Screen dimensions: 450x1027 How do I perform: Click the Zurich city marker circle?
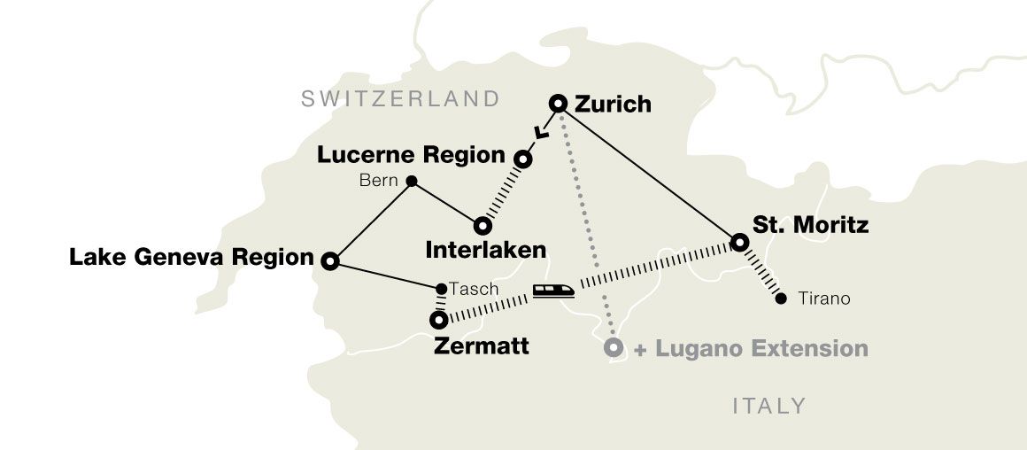558,104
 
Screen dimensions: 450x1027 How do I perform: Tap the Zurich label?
613,105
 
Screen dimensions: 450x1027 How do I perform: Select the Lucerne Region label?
411,155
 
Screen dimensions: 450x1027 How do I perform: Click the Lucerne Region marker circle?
523,160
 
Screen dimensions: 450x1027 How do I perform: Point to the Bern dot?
411,182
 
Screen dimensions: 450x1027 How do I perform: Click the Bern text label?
380,182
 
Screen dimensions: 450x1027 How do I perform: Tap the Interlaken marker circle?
482,225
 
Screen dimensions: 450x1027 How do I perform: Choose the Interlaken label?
485,250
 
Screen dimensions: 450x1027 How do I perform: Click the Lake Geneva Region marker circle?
329,260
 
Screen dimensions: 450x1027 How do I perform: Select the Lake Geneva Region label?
191,259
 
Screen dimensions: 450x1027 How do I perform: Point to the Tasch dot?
442,289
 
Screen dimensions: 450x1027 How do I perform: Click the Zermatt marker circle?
438,321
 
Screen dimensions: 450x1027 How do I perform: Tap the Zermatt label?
482,345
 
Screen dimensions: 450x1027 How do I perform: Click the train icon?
552,291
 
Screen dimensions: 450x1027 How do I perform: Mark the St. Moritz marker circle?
738,241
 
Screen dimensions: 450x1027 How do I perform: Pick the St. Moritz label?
810,225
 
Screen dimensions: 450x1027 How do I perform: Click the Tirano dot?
780,299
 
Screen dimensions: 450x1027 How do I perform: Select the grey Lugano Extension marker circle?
612,348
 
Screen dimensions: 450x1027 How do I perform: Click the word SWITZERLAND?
400,98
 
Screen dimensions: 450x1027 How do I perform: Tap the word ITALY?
769,407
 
